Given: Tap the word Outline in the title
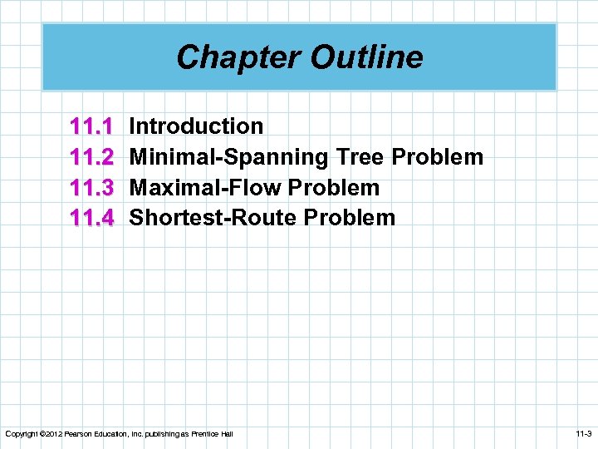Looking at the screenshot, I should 365,57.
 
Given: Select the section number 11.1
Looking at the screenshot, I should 92,127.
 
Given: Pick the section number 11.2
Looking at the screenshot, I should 92,157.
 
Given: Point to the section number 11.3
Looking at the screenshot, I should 92,188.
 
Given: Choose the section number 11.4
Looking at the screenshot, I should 92,219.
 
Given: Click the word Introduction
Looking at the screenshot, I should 197,126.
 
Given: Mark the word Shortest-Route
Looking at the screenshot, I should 213,219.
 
